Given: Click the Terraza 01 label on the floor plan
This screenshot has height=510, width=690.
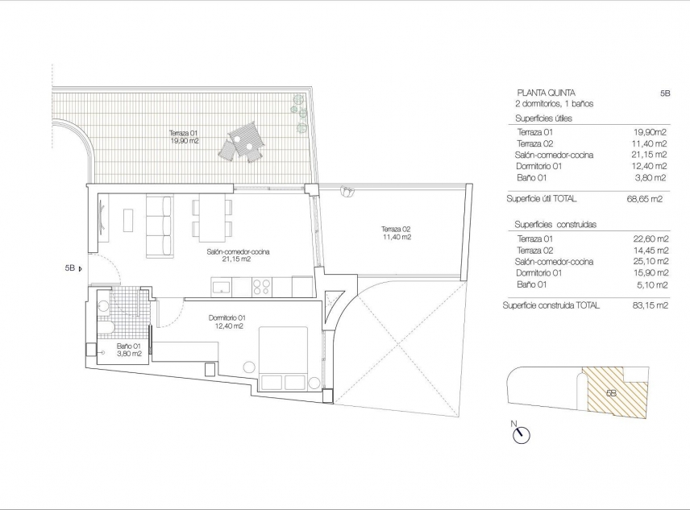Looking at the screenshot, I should (x=183, y=136).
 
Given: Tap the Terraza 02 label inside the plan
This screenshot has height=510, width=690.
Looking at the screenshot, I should (x=396, y=233).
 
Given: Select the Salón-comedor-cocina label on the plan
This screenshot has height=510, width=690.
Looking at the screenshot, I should (x=238, y=255).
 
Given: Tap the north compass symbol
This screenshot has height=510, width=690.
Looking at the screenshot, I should (x=521, y=435).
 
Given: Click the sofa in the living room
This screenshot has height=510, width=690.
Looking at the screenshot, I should (x=159, y=226).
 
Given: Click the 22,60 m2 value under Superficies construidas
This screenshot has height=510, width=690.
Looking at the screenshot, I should (x=651, y=238).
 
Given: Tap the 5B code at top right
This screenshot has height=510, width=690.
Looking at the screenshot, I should (x=664, y=93).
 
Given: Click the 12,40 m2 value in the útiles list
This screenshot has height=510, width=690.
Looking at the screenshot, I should (x=651, y=166).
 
